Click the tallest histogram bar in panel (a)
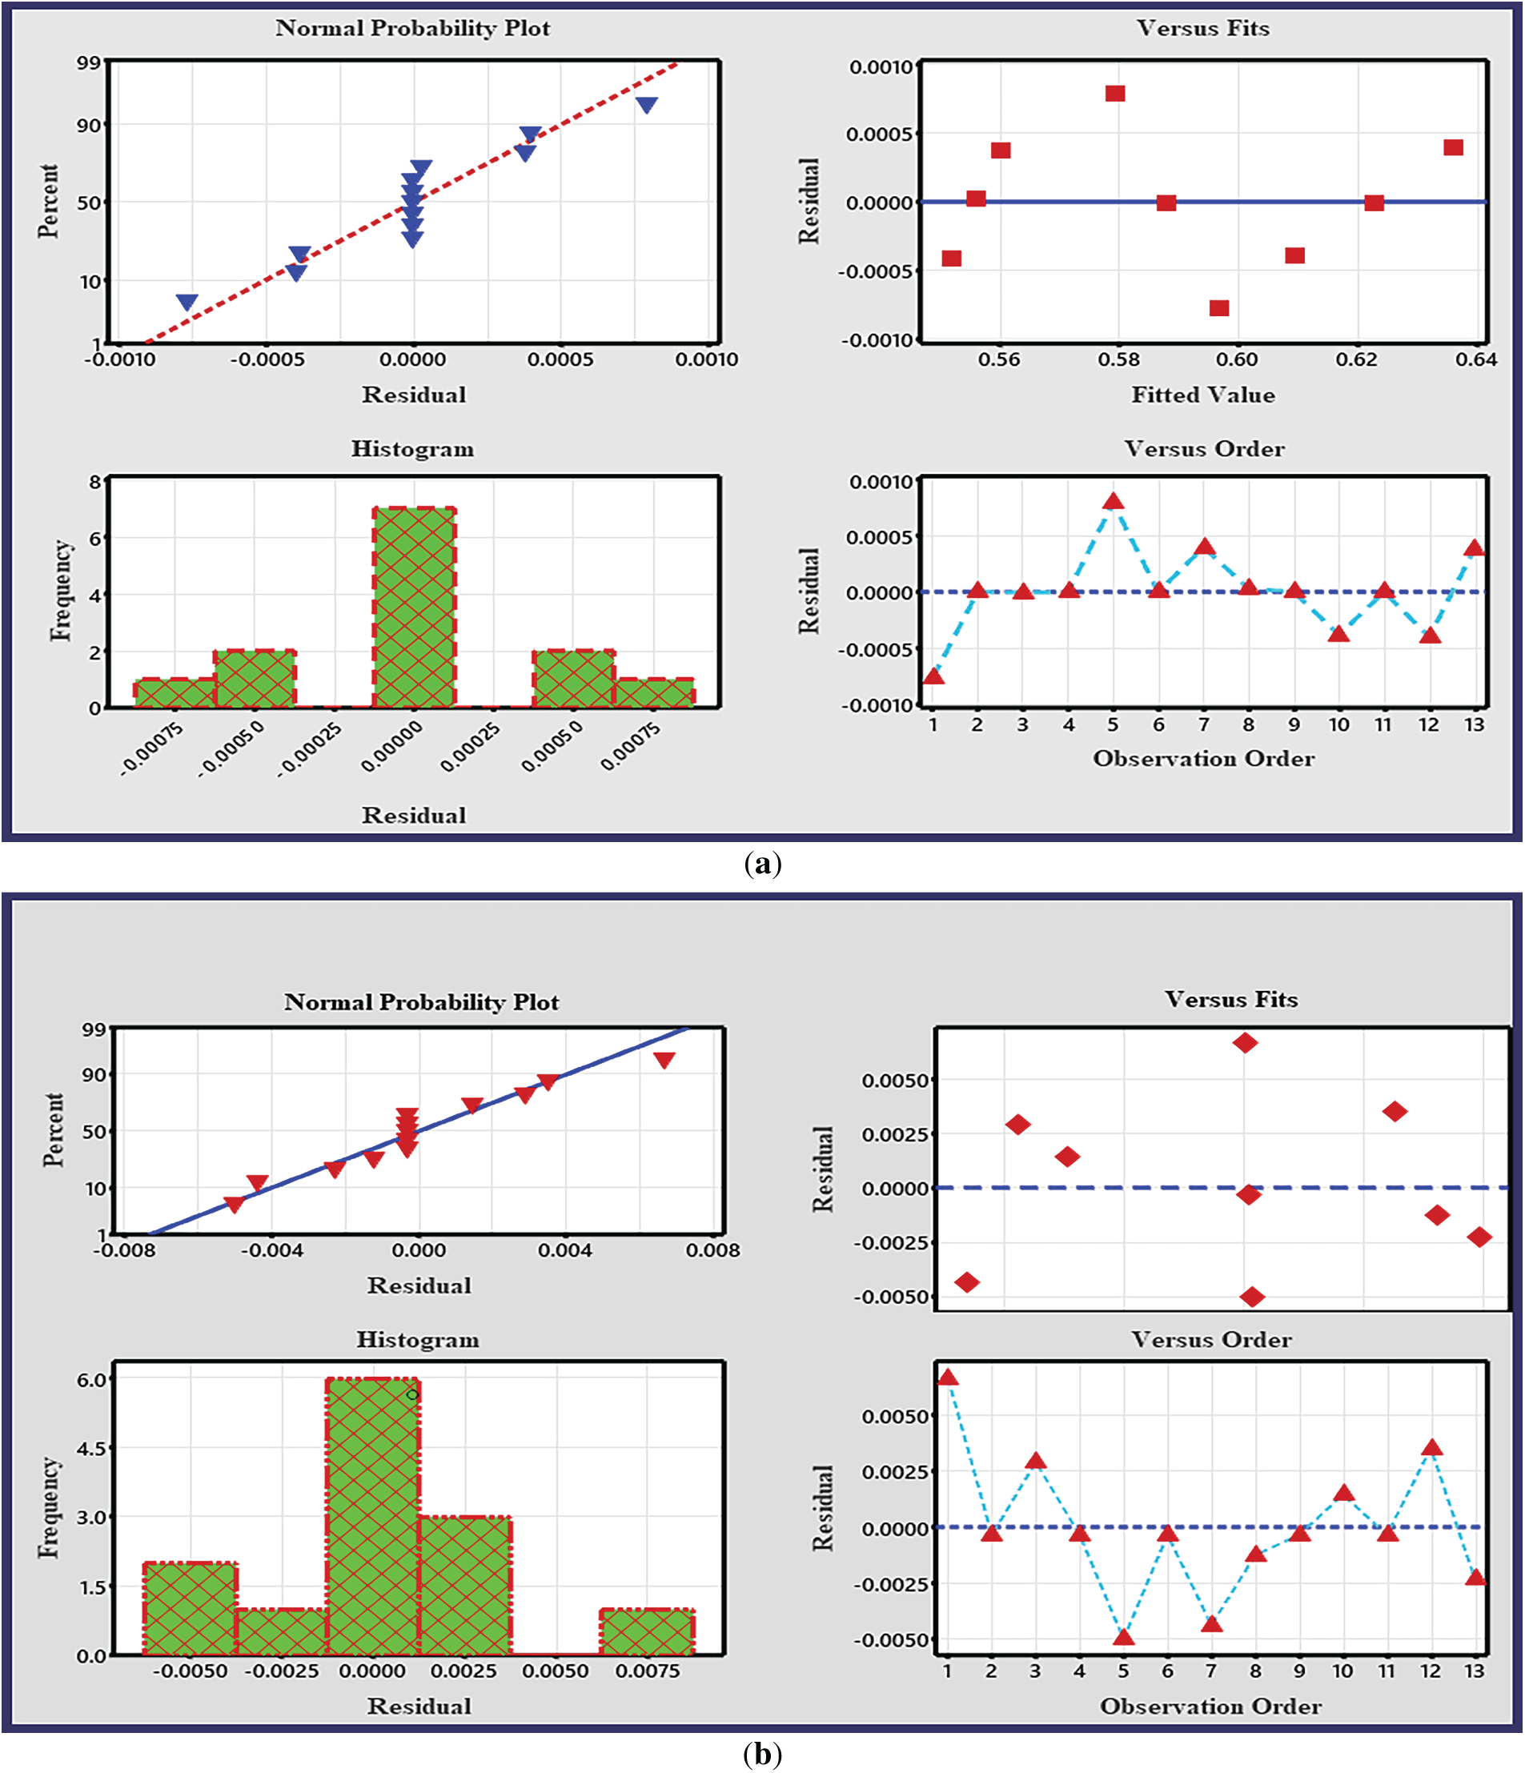(414, 608)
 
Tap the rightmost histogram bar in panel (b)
(647, 1632)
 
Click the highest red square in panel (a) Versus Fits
(1114, 94)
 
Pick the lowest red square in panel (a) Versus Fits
(1218, 308)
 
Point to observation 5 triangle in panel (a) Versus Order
(1113, 501)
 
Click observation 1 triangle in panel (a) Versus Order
(933, 677)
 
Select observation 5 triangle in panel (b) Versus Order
(1123, 1637)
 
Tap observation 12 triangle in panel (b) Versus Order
(1431, 1449)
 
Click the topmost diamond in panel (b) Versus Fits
(1245, 1042)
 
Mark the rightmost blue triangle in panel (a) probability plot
(647, 104)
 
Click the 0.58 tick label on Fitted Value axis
(1118, 359)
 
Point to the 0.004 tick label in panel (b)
(565, 1250)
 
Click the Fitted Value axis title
(1202, 395)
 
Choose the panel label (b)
(762, 1753)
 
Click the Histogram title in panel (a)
(412, 448)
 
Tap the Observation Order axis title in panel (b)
(1210, 1707)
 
